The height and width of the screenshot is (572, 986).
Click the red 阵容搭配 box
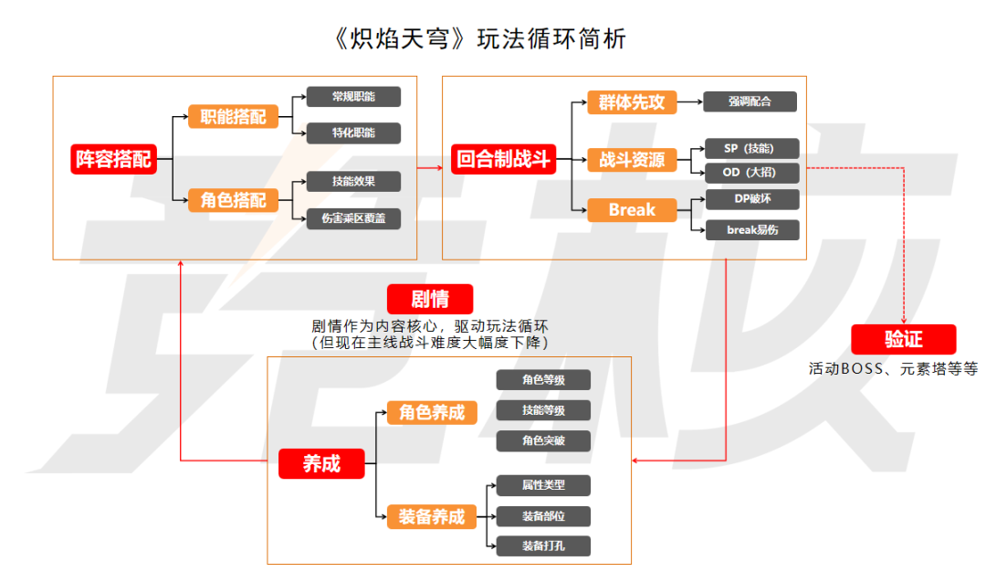pyautogui.click(x=112, y=158)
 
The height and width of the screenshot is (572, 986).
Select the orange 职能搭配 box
pyautogui.click(x=233, y=116)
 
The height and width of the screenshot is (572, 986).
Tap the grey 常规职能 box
pyautogui.click(x=353, y=97)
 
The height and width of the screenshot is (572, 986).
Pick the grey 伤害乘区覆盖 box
pyautogui.click(x=353, y=217)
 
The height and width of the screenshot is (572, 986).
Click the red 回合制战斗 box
pyautogui.click(x=503, y=159)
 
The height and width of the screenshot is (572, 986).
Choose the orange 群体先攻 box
pyautogui.click(x=632, y=101)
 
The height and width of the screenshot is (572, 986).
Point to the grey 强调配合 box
pyautogui.click(x=750, y=101)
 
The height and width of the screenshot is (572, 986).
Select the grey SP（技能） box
pyautogui.click(x=750, y=149)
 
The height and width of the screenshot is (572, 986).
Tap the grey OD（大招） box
pyautogui.click(x=750, y=173)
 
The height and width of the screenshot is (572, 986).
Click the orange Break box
pyautogui.click(x=632, y=210)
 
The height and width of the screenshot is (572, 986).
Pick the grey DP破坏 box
pyautogui.click(x=750, y=198)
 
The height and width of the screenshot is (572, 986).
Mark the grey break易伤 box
pyautogui.click(x=750, y=229)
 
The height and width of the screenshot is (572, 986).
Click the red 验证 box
pyautogui.click(x=903, y=339)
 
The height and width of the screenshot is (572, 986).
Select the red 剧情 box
pyautogui.click(x=430, y=299)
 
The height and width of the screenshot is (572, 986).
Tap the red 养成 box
pyautogui.click(x=321, y=463)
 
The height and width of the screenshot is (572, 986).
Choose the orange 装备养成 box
pyautogui.click(x=431, y=516)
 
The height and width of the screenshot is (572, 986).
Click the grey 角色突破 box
pyautogui.click(x=543, y=440)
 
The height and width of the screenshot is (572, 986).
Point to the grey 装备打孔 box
pyautogui.click(x=543, y=546)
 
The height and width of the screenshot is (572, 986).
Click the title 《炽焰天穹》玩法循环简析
pyautogui.click(x=481, y=39)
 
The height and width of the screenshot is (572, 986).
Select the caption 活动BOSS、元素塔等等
pyautogui.click(x=893, y=370)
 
